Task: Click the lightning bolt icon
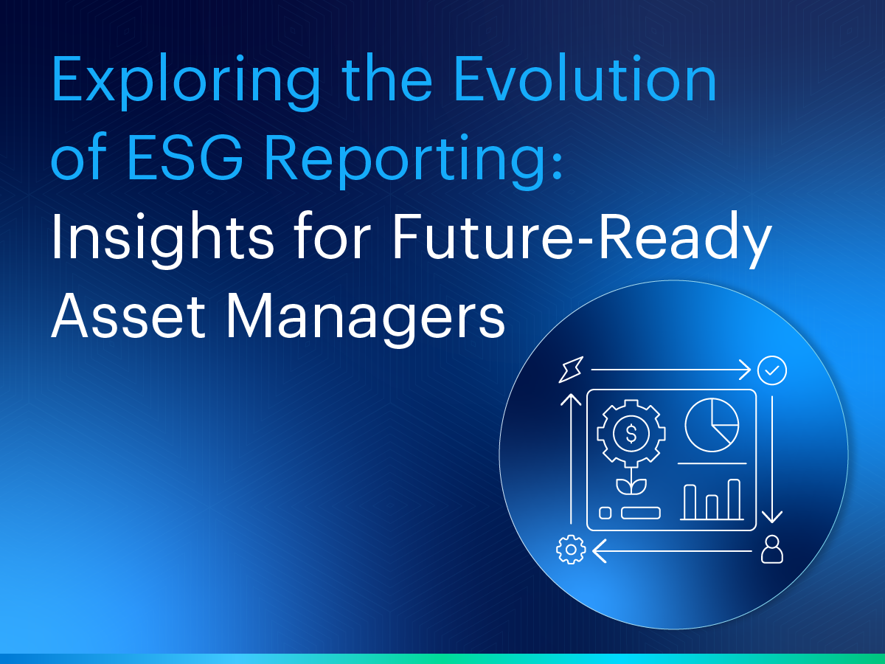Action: pyautogui.click(x=571, y=370)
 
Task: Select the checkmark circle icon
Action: pyautogui.click(x=772, y=370)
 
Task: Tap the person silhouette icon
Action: pyautogui.click(x=771, y=550)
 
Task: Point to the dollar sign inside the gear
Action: pyautogui.click(x=631, y=434)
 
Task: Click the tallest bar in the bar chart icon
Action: pyautogui.click(x=734, y=499)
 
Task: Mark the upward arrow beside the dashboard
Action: pyautogui.click(x=571, y=457)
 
